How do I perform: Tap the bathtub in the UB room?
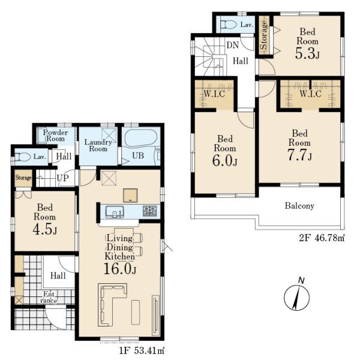click(x=141, y=139)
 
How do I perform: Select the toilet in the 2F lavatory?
click(x=229, y=25)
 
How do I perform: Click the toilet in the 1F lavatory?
click(x=23, y=157)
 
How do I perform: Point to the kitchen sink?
click(x=115, y=212)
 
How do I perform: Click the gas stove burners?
click(x=149, y=211)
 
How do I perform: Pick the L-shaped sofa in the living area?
click(x=113, y=304)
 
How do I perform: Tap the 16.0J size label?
click(x=120, y=269)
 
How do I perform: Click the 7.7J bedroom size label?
click(x=299, y=155)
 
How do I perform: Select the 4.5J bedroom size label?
click(x=45, y=229)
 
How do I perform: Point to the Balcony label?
click(x=299, y=206)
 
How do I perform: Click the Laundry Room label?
click(x=98, y=145)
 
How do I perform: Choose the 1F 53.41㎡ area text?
click(x=142, y=350)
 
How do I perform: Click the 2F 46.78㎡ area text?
click(x=322, y=238)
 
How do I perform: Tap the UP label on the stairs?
click(x=62, y=178)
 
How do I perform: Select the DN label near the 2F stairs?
click(x=233, y=45)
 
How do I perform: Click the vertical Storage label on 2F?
click(x=264, y=35)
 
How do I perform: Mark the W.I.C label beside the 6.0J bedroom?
click(x=214, y=94)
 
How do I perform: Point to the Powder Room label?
click(x=56, y=136)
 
